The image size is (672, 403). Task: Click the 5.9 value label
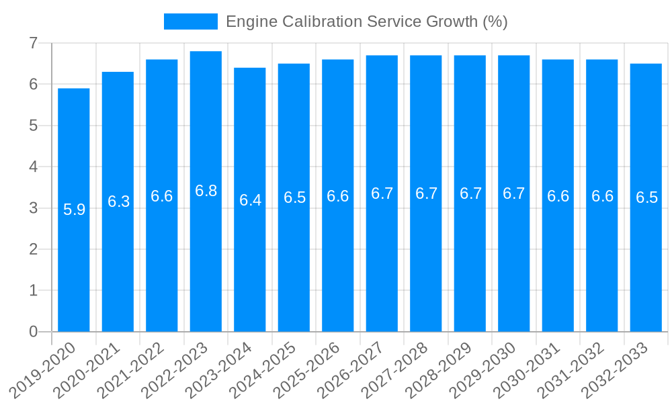tap(74, 210)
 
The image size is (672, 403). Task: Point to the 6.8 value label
tap(206, 191)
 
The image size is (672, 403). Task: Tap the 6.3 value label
tap(118, 201)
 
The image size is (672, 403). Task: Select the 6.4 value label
tap(250, 200)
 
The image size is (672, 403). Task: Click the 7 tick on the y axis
tap(33, 43)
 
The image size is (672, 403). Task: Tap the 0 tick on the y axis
tap(33, 332)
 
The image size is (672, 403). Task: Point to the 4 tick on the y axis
tap(33, 167)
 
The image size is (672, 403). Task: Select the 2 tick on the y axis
tap(33, 249)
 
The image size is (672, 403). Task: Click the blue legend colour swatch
tap(191, 21)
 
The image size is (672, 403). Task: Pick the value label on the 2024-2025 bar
tap(294, 197)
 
